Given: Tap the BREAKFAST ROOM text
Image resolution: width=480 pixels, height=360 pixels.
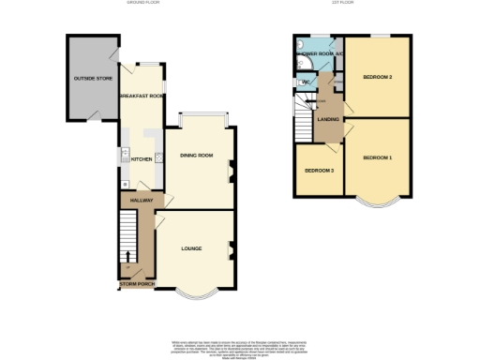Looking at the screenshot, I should tap(142, 97).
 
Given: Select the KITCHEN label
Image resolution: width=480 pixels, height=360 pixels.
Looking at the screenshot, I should tap(142, 159).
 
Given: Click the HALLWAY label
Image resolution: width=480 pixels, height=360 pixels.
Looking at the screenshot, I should tap(142, 201).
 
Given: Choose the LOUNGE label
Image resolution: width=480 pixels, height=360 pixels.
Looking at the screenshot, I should tap(191, 248).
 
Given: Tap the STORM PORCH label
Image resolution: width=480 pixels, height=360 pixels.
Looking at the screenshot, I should tap(137, 283).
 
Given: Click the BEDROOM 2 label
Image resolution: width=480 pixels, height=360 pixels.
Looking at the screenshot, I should tap(377, 77).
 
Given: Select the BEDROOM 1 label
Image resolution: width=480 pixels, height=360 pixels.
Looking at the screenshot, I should tap(377, 157).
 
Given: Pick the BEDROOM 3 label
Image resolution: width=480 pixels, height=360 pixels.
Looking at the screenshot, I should tap(320, 171).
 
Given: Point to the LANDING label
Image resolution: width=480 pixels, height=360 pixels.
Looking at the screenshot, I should tap(327, 119).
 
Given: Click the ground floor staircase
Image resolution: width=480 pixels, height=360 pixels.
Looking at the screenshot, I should tap(127, 239).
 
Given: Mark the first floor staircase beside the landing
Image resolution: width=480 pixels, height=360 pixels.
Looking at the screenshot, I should tap(304, 120).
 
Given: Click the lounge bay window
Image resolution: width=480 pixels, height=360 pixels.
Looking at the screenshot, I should tap(195, 294).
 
